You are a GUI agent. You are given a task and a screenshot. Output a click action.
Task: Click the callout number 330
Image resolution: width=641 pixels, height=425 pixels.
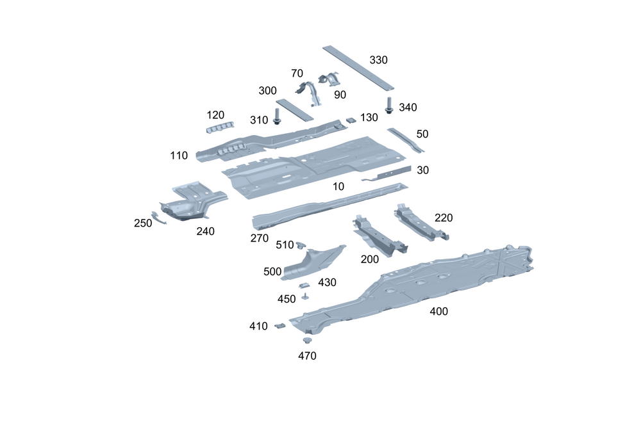tap(379, 60)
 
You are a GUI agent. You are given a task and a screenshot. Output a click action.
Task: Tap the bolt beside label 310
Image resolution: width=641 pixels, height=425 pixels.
tap(278, 116)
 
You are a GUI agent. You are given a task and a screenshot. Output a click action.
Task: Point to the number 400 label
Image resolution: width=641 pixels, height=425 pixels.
tap(438, 312)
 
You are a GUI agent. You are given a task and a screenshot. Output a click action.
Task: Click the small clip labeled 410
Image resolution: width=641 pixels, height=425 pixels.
tap(279, 326)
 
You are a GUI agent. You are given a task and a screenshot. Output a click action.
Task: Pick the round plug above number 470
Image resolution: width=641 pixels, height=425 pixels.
tap(306, 341)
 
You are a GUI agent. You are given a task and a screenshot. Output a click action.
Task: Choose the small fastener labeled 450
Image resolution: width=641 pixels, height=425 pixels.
tap(306, 296)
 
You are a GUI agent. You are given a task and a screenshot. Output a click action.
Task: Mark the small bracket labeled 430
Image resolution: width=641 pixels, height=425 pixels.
tap(305, 284)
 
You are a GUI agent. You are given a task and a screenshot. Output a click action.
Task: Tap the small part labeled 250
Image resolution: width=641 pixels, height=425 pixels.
tap(158, 217)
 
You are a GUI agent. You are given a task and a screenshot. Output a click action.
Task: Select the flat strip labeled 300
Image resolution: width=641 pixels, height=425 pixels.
tap(294, 109)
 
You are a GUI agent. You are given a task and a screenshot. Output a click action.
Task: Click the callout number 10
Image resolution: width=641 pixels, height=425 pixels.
tap(338, 186)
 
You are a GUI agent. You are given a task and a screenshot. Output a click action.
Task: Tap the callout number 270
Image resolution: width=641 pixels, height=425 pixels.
tap(259, 238)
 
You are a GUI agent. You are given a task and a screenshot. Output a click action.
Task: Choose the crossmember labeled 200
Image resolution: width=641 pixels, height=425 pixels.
tap(378, 237)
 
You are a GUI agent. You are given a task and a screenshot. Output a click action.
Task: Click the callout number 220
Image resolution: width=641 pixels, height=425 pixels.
tap(444, 218)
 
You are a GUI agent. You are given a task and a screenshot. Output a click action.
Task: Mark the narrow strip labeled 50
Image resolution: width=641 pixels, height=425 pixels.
tap(405, 140)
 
